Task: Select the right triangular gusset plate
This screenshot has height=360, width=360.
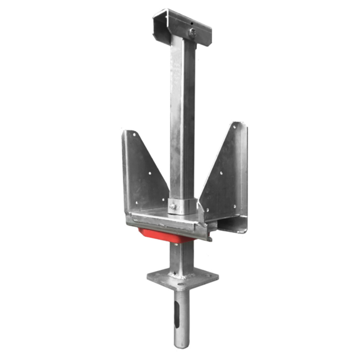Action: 224,174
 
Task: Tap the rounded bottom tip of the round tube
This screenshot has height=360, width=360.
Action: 181,343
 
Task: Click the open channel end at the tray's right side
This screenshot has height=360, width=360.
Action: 233,224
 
